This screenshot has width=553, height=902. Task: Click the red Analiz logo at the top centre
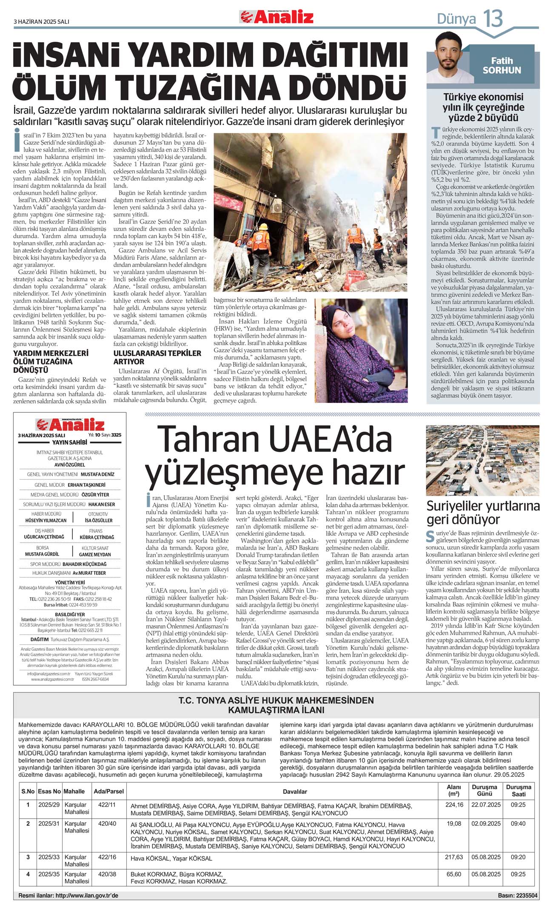pos(276,17)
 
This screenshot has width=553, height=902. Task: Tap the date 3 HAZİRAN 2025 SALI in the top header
pos(41,21)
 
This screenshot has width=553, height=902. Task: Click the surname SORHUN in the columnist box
pos(502,70)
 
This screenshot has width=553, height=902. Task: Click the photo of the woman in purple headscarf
pos(361,350)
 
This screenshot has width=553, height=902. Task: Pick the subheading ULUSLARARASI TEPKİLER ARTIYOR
pos(157,357)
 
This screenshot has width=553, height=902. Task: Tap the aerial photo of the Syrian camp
pos(482,460)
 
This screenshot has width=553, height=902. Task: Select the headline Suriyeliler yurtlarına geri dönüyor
pos(483,513)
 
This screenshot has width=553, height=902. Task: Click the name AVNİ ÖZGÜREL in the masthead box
pos(69,465)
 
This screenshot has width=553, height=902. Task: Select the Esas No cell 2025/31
pos(49,823)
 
